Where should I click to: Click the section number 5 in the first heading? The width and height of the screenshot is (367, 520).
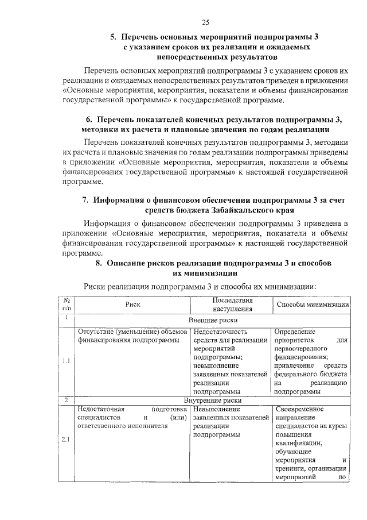pos(113,37)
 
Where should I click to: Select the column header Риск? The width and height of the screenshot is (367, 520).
pos(133,305)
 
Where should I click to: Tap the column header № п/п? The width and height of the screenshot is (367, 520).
pos(67,305)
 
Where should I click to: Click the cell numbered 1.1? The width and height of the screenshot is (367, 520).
pos(67,361)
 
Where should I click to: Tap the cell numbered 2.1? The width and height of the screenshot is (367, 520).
pos(67,440)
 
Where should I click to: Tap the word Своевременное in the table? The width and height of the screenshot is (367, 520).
pos(299,409)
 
